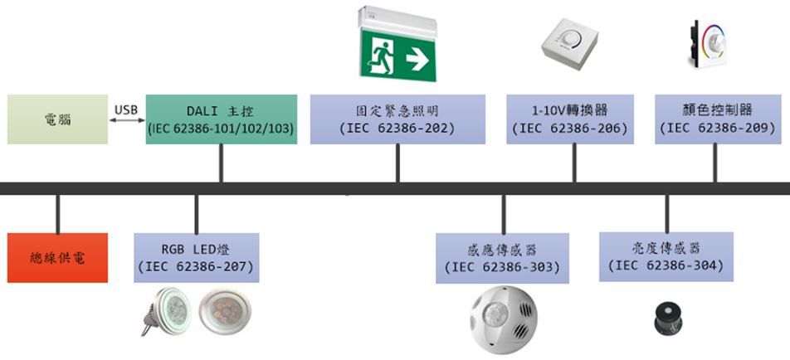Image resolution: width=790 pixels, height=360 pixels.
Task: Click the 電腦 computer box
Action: [x=57, y=119]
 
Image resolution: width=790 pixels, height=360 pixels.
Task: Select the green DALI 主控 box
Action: [x=221, y=119]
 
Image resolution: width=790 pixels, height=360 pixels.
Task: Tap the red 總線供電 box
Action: [x=57, y=257]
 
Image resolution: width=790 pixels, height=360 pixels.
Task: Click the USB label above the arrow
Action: [x=126, y=109]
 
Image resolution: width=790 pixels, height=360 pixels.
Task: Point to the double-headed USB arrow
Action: [x=126, y=122]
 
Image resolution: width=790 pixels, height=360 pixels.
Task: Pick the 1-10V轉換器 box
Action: [x=570, y=119]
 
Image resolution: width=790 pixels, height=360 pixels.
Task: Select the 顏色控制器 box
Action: [x=716, y=119]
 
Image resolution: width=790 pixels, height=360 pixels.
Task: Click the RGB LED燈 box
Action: [x=196, y=257]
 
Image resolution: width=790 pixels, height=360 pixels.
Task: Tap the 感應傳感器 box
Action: [x=503, y=258]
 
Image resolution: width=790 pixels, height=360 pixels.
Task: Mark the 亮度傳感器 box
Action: [x=666, y=256]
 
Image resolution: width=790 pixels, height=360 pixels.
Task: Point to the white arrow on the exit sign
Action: [x=417, y=59]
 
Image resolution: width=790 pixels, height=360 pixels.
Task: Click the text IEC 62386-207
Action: [x=196, y=267]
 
